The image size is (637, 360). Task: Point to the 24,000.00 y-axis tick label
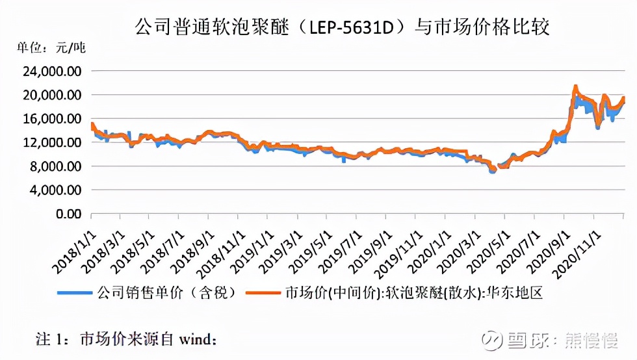[54, 71]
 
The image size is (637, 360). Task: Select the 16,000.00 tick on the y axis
[54, 118]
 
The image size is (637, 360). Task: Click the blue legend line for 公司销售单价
[75, 292]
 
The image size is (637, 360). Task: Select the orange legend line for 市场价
[264, 292]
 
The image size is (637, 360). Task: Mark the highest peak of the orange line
[575, 86]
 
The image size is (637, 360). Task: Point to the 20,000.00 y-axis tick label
[54, 95]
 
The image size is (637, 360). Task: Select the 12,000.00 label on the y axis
[54, 142]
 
